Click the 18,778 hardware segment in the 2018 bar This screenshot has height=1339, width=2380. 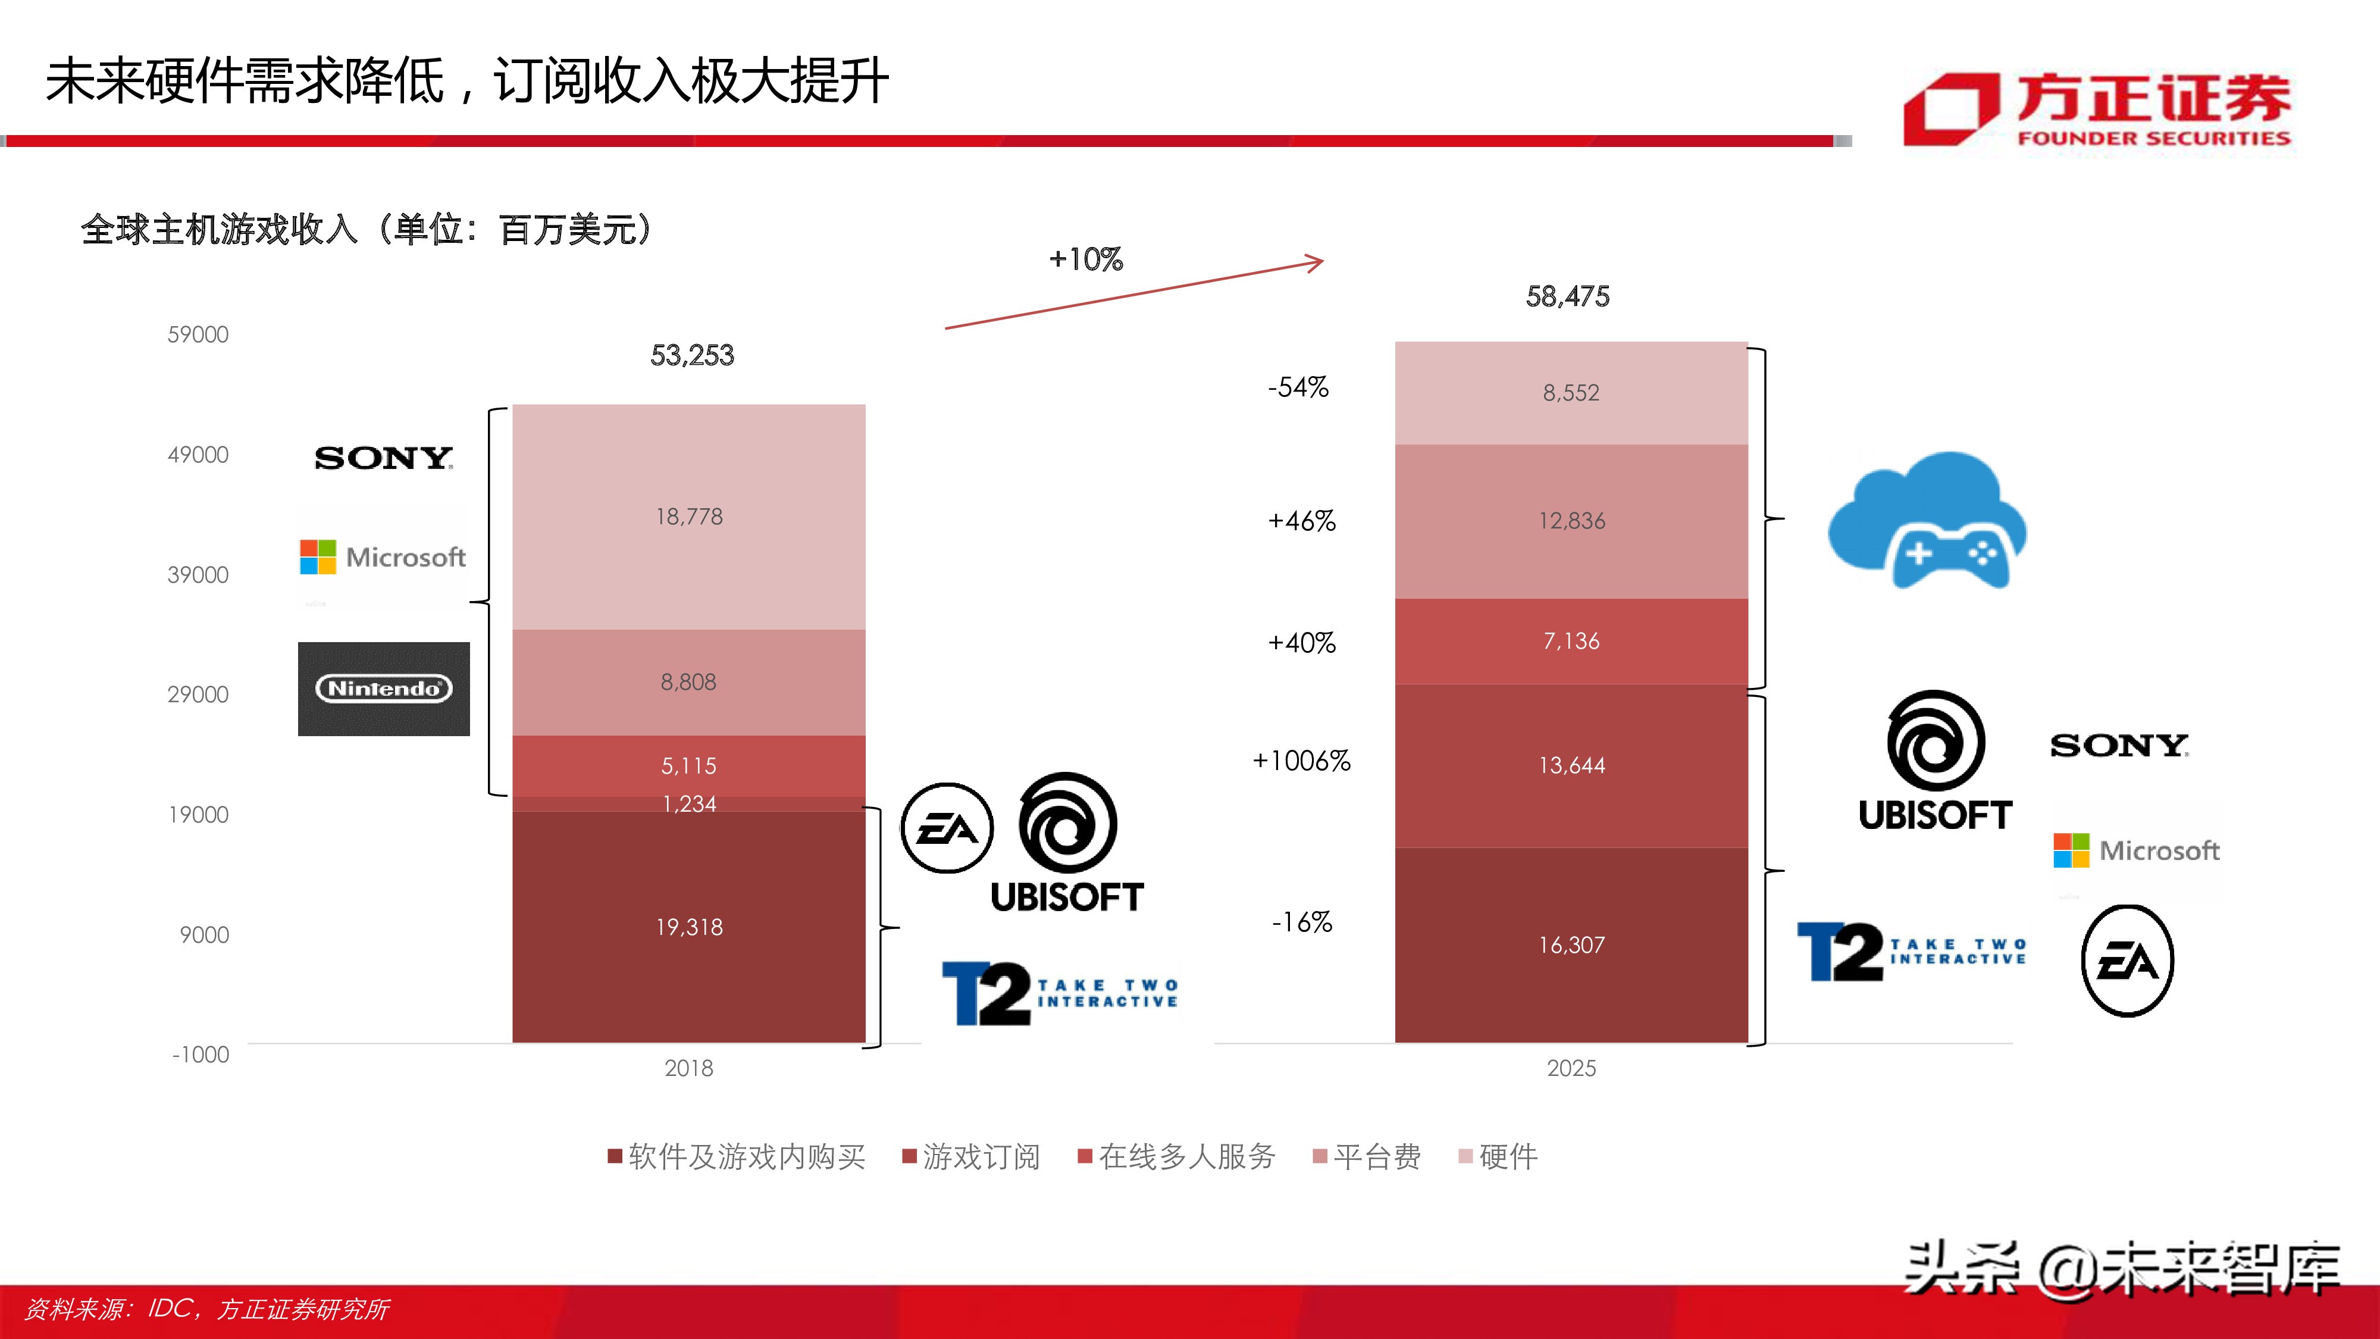688,517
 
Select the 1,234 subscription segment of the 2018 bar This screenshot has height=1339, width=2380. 688,804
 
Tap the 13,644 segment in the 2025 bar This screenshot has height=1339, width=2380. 1571,765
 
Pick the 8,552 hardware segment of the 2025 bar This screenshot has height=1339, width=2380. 1571,393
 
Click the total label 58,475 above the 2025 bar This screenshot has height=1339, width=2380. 1567,296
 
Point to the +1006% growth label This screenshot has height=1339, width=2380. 1301,761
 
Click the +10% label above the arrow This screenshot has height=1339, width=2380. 1086,259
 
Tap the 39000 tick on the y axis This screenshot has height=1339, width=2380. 198,575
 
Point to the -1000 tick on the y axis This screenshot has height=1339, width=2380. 201,1055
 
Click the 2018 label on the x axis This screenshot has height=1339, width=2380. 688,1068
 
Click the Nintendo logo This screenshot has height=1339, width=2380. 383,689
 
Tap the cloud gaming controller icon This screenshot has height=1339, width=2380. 1927,522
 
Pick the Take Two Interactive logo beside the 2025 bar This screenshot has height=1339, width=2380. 1911,952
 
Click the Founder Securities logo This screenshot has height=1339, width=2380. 2097,111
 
